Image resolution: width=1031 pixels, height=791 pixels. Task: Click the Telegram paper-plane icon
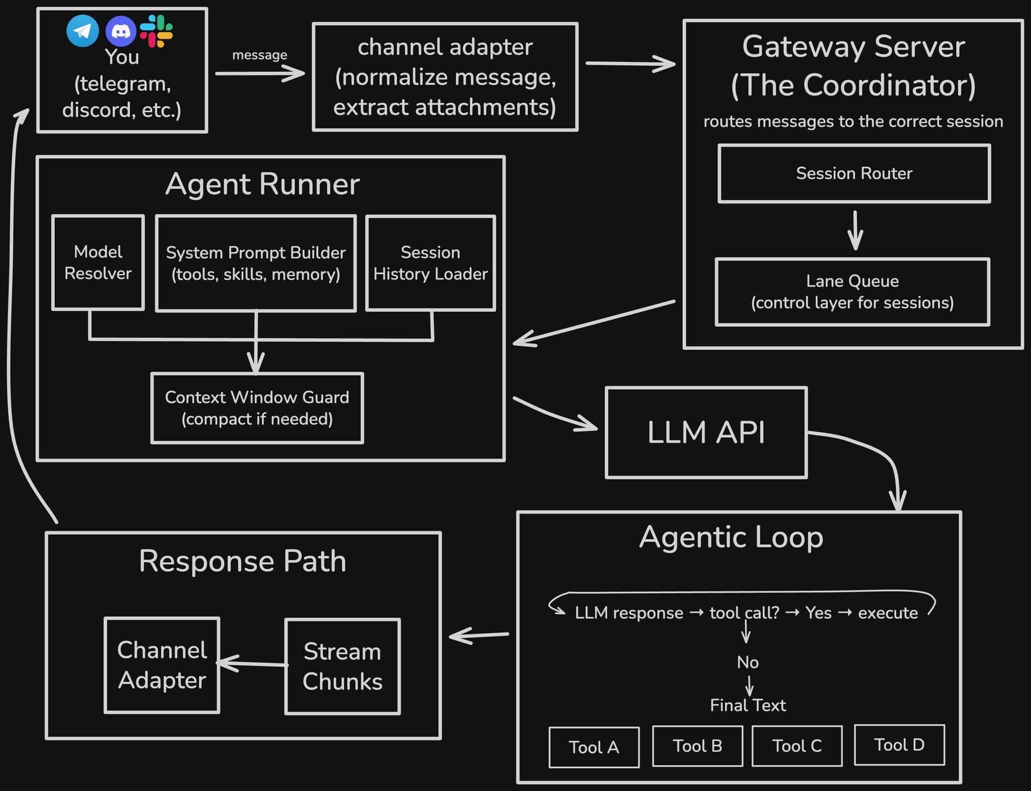tap(83, 31)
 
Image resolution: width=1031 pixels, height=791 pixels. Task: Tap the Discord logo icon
tap(121, 31)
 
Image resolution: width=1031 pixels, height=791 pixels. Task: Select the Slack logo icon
tap(157, 31)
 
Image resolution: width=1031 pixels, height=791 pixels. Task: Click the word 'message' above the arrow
tap(259, 55)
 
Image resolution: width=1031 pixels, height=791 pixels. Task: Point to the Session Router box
tap(854, 174)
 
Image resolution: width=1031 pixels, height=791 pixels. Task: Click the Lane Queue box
tap(852, 292)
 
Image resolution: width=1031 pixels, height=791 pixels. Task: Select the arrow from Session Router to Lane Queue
tap(855, 231)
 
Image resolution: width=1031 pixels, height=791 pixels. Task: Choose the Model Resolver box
tap(98, 262)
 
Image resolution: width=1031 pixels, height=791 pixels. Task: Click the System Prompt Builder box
tap(256, 263)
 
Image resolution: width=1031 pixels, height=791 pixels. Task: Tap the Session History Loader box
tap(430, 263)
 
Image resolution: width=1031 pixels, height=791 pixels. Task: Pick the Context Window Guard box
tap(257, 408)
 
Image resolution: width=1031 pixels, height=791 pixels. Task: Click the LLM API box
tap(706, 432)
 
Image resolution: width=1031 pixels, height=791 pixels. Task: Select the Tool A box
tap(594, 747)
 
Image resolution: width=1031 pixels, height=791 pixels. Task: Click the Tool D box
tap(899, 745)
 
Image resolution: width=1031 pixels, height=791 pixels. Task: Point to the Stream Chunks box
tap(342, 666)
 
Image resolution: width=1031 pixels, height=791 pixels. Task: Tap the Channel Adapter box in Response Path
tap(162, 665)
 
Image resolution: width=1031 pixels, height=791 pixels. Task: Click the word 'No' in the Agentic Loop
tap(748, 662)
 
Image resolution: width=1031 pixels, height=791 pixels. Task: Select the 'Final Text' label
tap(748, 705)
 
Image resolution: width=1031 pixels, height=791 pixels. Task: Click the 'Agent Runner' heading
tap(262, 184)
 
